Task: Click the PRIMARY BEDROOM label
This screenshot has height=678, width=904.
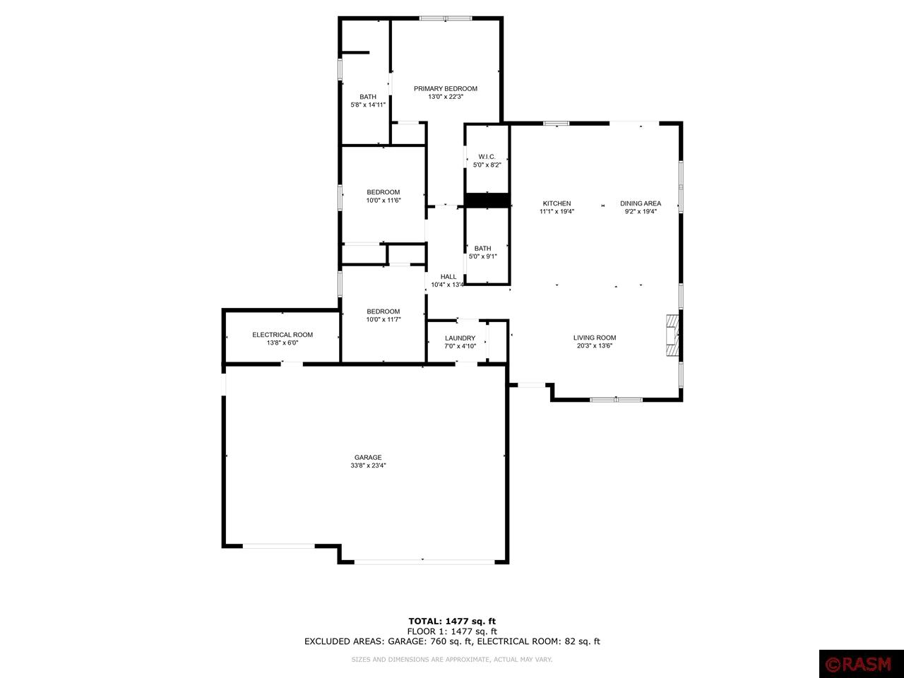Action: coord(445,89)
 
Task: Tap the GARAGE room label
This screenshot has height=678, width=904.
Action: coord(368,457)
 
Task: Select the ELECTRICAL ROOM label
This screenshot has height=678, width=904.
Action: coord(282,335)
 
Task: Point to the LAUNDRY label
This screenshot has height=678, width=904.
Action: coord(460,338)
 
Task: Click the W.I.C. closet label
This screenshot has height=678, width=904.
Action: coord(487,157)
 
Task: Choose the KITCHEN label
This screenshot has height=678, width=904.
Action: coord(557,203)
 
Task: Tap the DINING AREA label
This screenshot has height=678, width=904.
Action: coord(641,203)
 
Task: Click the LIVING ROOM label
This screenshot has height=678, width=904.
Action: coord(595,338)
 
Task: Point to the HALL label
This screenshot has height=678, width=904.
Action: coord(448,277)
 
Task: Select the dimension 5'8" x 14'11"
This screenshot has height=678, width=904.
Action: coord(368,105)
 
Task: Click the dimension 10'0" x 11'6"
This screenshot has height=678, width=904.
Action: coord(383,201)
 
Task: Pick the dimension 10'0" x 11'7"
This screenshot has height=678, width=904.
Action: coord(383,320)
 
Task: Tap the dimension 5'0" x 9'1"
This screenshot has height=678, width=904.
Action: coord(483,256)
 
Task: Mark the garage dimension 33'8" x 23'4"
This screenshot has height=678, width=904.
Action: coord(368,465)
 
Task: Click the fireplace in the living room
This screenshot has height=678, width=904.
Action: coord(672,337)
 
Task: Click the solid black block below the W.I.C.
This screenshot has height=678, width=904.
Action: coord(487,201)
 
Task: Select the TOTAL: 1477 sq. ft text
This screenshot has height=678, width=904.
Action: coord(452,621)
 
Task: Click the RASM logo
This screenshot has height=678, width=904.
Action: coord(861,664)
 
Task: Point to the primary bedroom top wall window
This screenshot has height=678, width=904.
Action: coord(446,18)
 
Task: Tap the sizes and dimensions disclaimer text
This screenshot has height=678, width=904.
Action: coord(452,660)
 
